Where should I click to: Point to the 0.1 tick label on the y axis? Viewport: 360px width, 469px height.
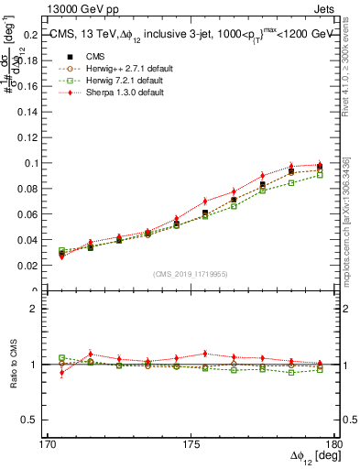pyautogui.click(x=33, y=163)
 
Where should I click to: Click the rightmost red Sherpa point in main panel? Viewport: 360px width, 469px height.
pyautogui.click(x=320, y=165)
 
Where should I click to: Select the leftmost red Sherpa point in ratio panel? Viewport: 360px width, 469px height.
pyautogui.click(x=61, y=373)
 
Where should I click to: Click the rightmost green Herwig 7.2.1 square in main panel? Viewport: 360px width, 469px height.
pyautogui.click(x=320, y=174)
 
